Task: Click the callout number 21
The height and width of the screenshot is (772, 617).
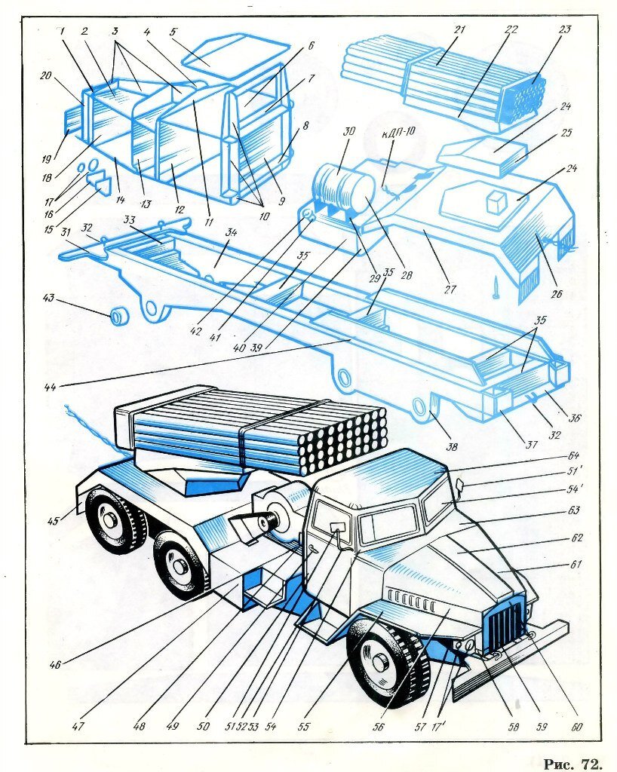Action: point(459,30)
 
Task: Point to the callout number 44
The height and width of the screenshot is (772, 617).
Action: point(50,388)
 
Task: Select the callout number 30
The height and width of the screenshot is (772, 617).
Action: point(348,131)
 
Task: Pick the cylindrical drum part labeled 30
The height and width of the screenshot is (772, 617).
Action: point(344,188)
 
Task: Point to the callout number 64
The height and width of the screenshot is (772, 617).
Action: point(573,455)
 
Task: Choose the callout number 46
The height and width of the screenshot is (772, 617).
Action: point(54,665)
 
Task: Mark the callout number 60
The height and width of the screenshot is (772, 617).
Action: point(577,727)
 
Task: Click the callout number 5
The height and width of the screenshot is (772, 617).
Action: point(173,32)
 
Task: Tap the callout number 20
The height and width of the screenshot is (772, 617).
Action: point(45,76)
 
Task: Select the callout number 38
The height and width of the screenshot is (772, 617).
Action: point(452,446)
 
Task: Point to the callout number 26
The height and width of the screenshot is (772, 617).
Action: point(556,294)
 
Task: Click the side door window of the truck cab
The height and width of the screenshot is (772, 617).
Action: point(332,521)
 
